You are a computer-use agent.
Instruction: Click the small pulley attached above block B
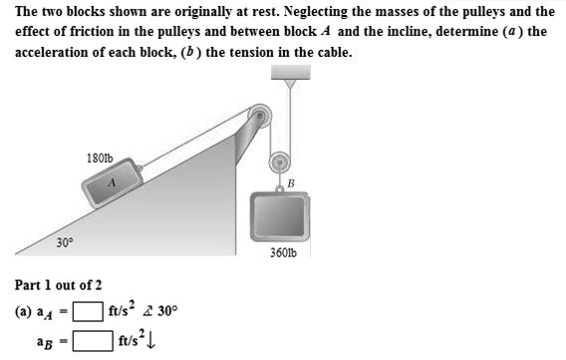tap(282, 161)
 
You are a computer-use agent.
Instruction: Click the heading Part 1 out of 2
tap(57, 284)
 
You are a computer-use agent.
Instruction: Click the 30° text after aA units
tap(167, 310)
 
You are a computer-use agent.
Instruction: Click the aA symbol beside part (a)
tap(50, 311)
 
